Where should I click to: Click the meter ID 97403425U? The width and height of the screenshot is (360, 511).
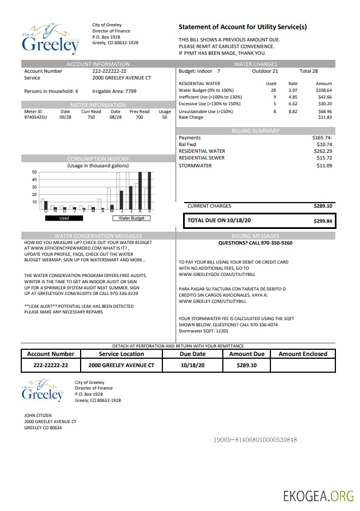click(36, 118)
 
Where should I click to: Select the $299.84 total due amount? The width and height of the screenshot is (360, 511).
click(323, 221)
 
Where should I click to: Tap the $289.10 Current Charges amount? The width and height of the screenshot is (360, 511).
click(323, 206)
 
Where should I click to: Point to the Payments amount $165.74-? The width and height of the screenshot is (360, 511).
click(322, 138)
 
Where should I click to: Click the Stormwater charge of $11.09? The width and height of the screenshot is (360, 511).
click(324, 166)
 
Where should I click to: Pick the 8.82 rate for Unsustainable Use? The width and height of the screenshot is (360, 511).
click(293, 111)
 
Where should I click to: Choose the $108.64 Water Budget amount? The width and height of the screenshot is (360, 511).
click(324, 90)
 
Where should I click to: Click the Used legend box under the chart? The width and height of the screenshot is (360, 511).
click(64, 218)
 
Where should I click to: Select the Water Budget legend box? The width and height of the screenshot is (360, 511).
click(132, 218)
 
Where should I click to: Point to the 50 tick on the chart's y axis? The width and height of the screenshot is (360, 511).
click(34, 172)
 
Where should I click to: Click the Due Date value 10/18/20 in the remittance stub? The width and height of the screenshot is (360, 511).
click(193, 365)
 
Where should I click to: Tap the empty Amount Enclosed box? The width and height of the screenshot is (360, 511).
click(302, 365)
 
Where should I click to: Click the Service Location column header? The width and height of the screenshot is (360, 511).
click(121, 354)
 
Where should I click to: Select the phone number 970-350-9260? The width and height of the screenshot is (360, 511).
click(274, 243)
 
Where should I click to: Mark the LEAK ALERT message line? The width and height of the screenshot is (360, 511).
click(79, 306)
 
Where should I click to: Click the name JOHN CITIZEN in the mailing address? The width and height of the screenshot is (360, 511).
click(37, 415)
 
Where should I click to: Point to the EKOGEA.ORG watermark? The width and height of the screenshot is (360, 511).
click(318, 496)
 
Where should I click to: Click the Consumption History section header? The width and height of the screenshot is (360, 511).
click(98, 159)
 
